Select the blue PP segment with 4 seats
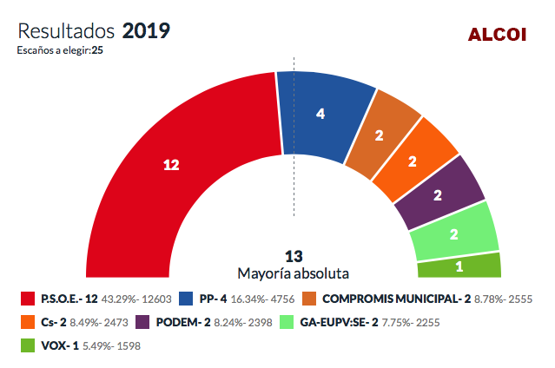320,115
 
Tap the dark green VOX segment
459,266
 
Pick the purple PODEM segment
439,194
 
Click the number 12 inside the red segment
171,165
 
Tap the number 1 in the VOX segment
459,266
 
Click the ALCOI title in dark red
498,35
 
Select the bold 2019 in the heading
146,30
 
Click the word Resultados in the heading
66,31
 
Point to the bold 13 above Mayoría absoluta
294,257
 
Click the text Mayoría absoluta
294,273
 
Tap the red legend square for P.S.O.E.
28,299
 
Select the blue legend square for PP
186,299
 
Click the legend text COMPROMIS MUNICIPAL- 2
396,299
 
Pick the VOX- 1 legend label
60,345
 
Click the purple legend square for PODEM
142,322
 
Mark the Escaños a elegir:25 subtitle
60,50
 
